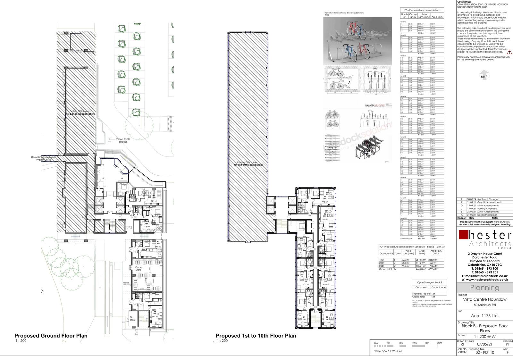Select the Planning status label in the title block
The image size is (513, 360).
click(484, 288)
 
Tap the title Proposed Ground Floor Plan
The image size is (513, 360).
click(51, 336)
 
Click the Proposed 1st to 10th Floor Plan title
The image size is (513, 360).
click(256, 336)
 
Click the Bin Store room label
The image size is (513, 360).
click(133, 319)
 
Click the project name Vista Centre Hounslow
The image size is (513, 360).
click(484, 299)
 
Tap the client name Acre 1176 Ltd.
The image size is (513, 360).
click(484, 315)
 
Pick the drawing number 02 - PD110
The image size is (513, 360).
click(484, 352)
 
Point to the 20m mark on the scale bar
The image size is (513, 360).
click(439, 343)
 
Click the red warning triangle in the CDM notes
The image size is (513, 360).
click(509, 52)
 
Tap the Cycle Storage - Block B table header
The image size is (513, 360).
click(429, 282)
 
